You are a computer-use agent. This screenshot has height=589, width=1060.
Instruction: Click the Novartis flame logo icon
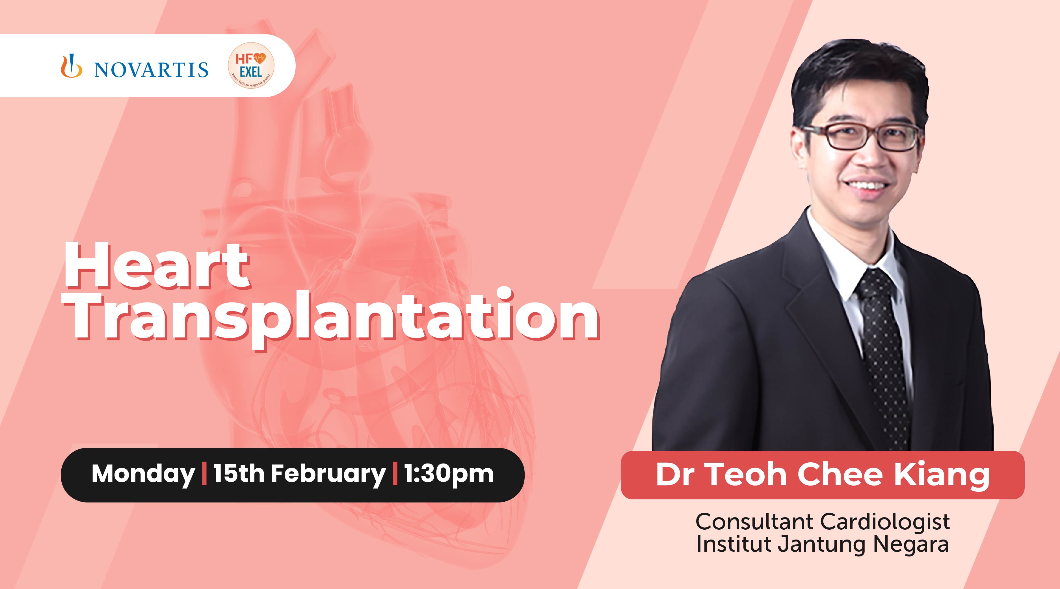71,67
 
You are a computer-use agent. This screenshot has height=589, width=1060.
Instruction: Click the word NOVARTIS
151,70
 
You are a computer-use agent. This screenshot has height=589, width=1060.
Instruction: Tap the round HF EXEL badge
251,66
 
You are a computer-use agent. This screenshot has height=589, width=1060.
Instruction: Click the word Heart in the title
156,267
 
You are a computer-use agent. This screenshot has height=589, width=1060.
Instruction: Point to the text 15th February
299,474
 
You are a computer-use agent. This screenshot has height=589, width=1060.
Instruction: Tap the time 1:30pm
449,474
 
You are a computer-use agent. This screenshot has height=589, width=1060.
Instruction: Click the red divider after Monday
204,474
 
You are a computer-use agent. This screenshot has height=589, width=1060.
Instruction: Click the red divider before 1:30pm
395,474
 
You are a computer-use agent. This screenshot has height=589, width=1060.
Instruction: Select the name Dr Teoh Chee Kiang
822,475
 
